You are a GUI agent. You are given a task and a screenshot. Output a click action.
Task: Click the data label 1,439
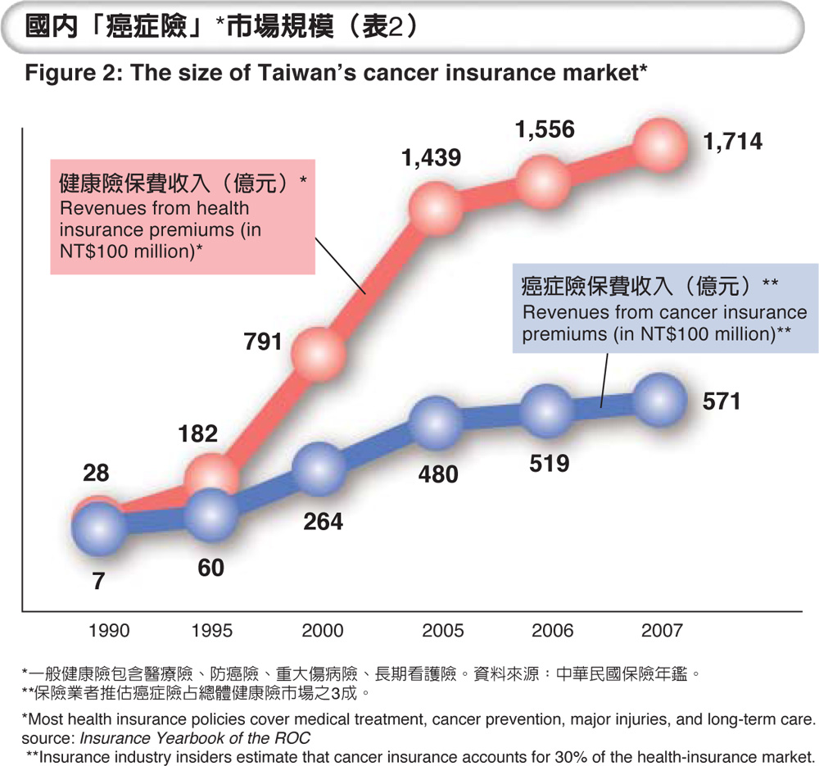coord(432,159)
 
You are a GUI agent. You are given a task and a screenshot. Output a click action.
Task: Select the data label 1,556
coord(545,129)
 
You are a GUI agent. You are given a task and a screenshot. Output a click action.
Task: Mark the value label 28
coord(96,474)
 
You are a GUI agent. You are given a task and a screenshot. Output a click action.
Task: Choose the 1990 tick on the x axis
coord(109,632)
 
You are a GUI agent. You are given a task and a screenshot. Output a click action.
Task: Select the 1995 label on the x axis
coord(211,632)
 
